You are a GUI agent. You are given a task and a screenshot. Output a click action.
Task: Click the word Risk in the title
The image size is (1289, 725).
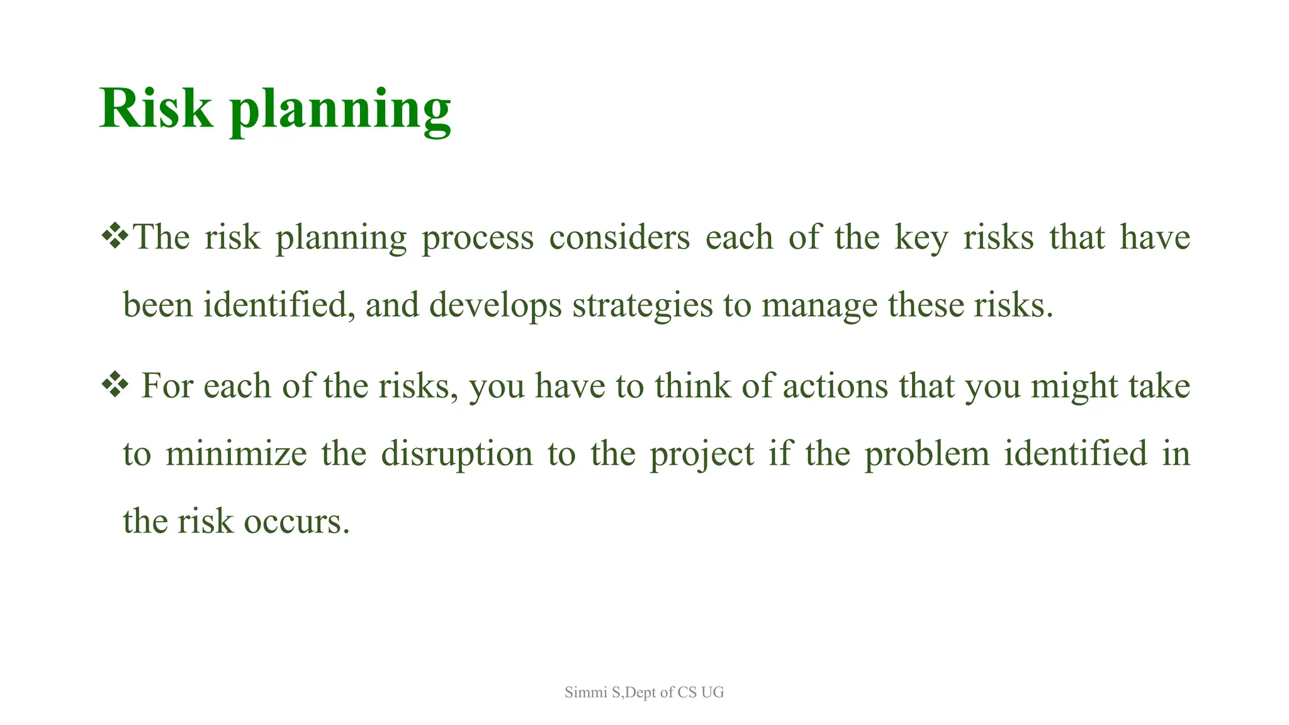pos(155,108)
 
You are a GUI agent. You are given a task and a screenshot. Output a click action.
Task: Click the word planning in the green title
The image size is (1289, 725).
pos(340,111)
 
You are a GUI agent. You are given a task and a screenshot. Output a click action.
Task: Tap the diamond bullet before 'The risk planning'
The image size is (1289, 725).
pos(115,237)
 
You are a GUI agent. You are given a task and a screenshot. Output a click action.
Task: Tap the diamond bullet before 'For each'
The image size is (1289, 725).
pos(115,385)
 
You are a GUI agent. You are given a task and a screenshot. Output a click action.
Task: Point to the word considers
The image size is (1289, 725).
pos(619,238)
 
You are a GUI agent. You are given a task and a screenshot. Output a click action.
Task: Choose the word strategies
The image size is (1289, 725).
pos(642,306)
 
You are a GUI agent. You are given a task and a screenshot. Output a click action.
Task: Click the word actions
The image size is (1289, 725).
pos(835,386)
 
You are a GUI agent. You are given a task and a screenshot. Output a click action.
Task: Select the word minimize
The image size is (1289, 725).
pos(235,454)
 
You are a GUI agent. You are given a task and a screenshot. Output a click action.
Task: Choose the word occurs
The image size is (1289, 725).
pos(296,522)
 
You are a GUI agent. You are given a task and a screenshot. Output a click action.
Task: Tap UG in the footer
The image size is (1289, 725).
pos(712,692)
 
